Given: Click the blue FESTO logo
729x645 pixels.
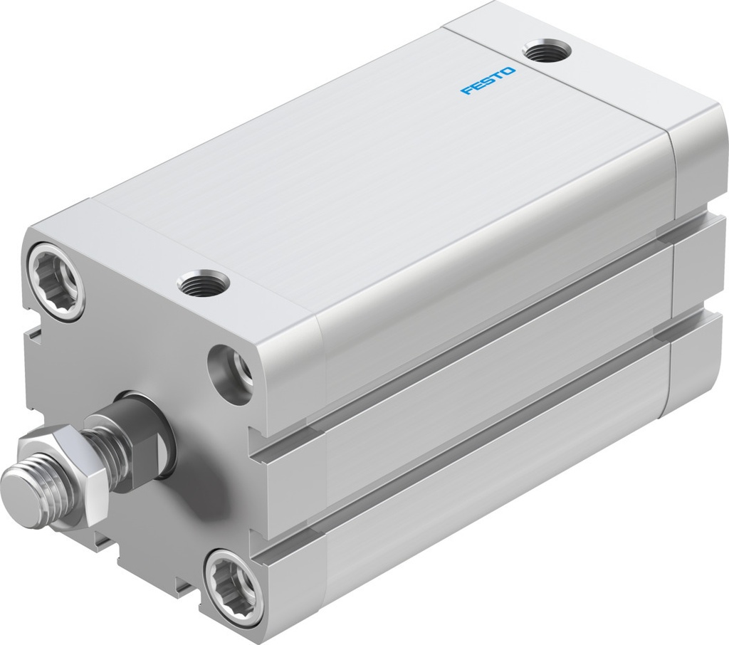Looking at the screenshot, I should point(488,80).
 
